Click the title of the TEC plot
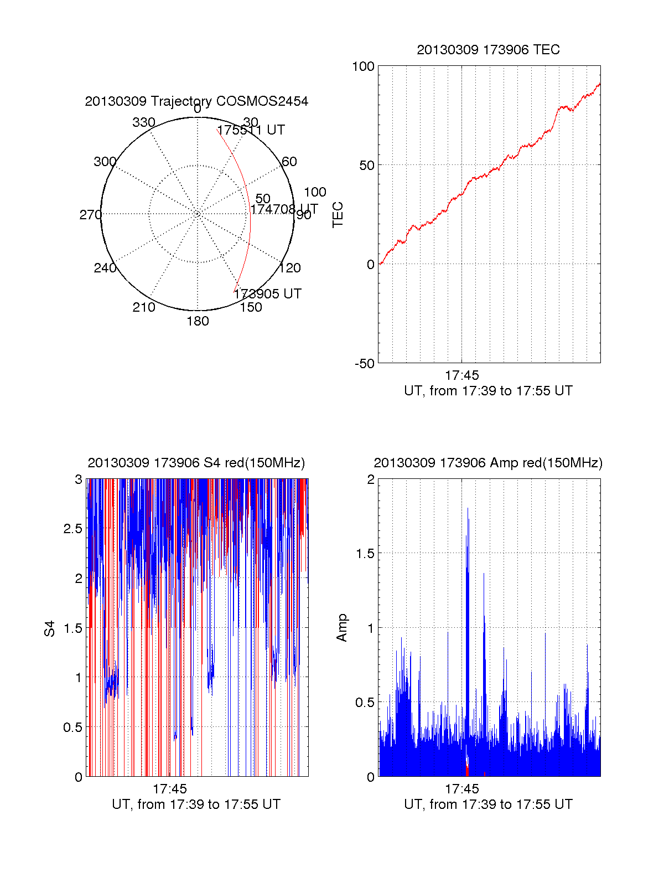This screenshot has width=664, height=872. [x=488, y=50]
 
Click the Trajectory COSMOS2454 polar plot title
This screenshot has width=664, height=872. [x=196, y=101]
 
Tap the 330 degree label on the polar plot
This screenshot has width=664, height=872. [x=143, y=122]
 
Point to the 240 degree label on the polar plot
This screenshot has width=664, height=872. [x=105, y=268]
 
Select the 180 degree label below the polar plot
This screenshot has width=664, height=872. [x=198, y=321]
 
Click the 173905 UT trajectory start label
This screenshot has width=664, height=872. [x=267, y=294]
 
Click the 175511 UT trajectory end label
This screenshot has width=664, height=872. [x=251, y=130]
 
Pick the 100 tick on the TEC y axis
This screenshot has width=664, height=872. [x=363, y=66]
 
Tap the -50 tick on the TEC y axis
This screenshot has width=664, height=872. [x=365, y=364]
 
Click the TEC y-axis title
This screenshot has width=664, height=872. [x=338, y=214]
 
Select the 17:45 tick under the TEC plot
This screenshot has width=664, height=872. [x=461, y=375]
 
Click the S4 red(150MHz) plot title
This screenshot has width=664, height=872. [x=196, y=463]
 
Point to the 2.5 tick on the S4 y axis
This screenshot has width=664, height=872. [x=73, y=529]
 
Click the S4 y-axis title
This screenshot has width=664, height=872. [x=50, y=628]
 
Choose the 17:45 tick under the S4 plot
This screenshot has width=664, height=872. [x=170, y=789]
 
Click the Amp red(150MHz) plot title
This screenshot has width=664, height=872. [x=488, y=463]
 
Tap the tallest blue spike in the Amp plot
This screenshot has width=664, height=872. [x=468, y=509]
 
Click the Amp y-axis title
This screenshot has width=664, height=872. [x=342, y=628]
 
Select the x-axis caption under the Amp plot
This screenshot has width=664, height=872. [x=488, y=804]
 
